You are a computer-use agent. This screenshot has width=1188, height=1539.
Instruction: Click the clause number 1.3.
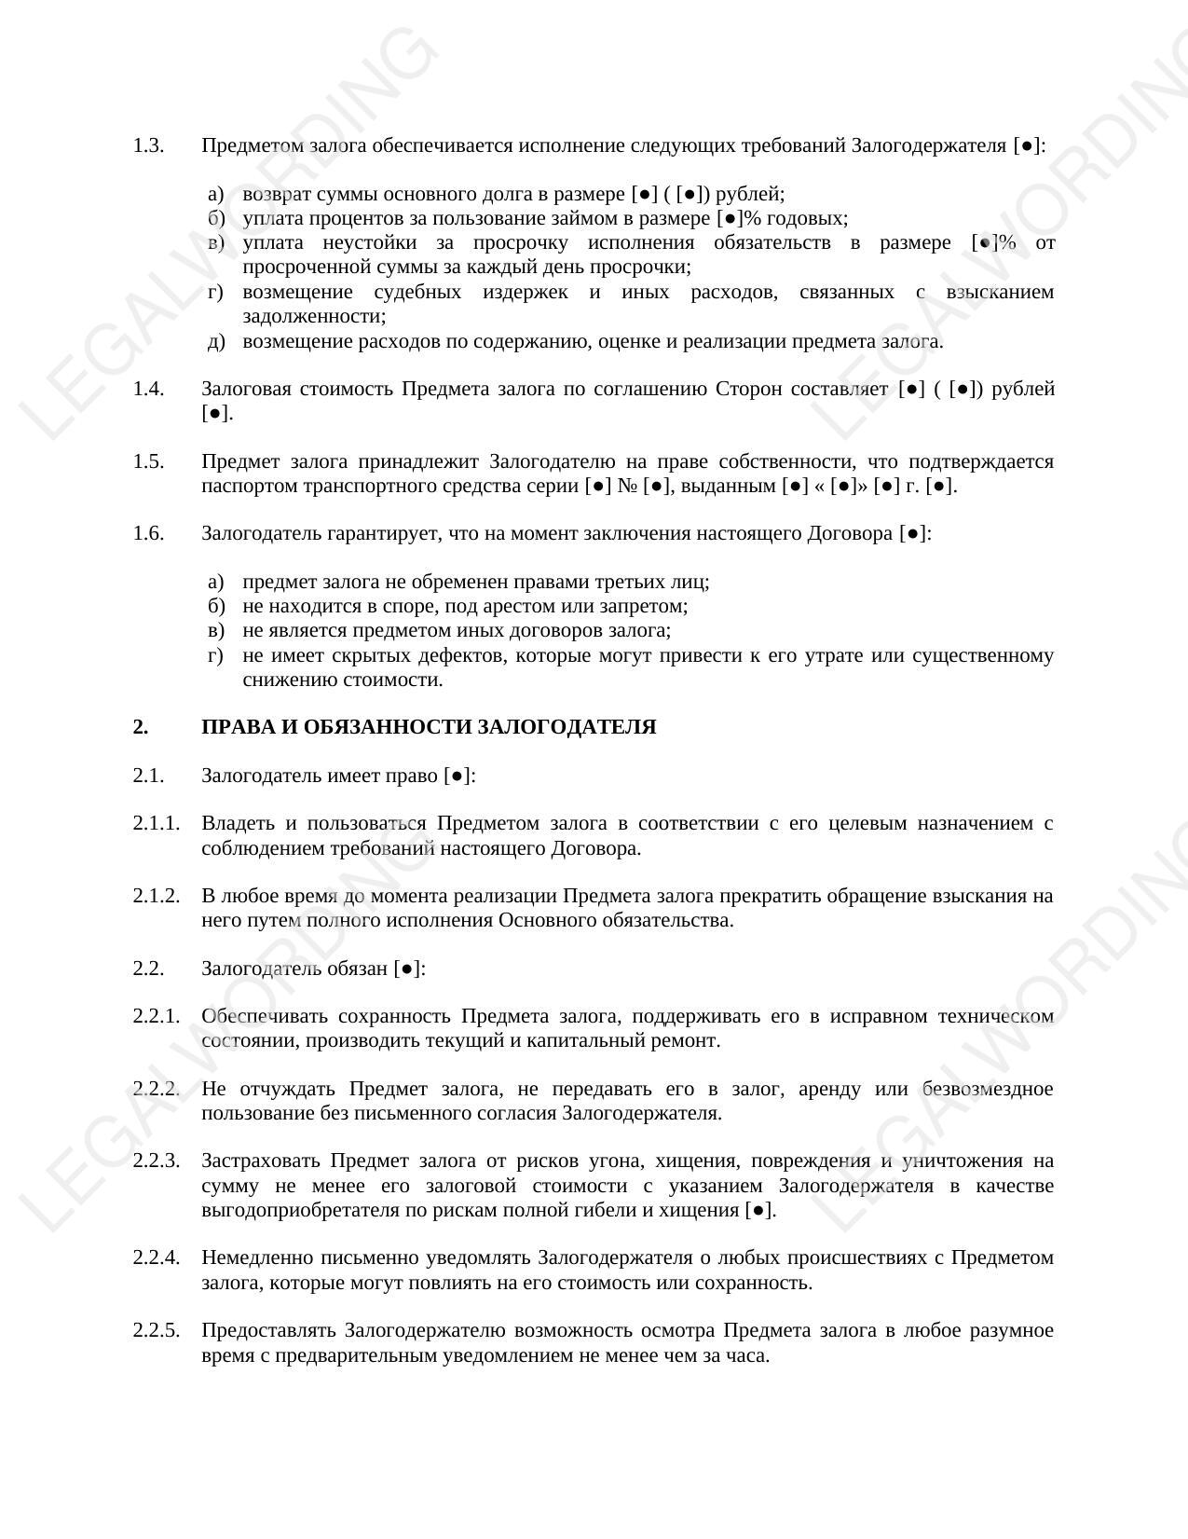[148, 146]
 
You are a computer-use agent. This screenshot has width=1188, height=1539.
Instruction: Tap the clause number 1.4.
[148, 389]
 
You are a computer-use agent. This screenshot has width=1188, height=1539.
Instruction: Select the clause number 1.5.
[148, 461]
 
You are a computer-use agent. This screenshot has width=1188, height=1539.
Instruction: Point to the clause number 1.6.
[148, 533]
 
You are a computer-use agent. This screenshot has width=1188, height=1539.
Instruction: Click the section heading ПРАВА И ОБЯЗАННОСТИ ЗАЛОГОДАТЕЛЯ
[429, 727]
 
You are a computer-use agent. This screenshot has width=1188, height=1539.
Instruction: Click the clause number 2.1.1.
[156, 823]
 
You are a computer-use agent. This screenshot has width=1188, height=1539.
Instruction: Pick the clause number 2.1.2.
[156, 896]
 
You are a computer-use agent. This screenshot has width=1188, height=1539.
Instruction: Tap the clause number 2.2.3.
[156, 1161]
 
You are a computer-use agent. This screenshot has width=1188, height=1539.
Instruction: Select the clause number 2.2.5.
[156, 1330]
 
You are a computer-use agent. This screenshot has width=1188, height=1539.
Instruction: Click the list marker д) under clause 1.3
[216, 341]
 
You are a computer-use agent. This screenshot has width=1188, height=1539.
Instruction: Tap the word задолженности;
[314, 316]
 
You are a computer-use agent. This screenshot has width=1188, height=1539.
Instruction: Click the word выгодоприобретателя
[287, 1210]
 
